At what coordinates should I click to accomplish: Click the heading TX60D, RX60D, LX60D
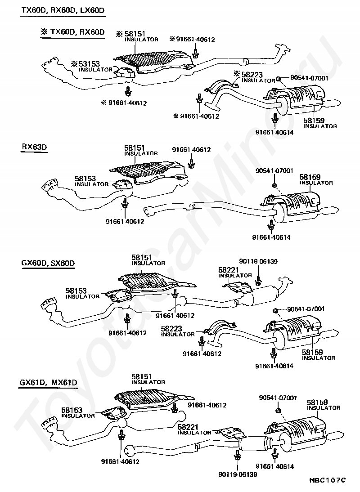pos(63,10)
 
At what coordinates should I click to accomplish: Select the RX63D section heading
pos(34,147)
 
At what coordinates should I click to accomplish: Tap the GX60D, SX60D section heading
pos(48,263)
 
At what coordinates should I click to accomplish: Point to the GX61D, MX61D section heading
pos(48,383)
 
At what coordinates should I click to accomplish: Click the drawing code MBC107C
pos(327,480)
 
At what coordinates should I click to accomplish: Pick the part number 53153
pos(89,64)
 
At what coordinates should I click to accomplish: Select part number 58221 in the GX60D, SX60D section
pos(229,270)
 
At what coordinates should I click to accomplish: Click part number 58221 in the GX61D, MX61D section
pos(188,427)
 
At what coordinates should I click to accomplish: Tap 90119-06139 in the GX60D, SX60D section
pos(258,261)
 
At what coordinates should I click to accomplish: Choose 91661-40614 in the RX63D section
pos(271,237)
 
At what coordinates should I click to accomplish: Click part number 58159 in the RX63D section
pos(310,177)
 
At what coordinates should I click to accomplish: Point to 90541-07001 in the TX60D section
pos(309,78)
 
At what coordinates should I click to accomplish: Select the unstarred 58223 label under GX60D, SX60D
pos(171,328)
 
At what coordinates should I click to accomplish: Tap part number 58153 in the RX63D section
pos(85,179)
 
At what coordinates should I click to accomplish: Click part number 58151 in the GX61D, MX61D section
pos(142,376)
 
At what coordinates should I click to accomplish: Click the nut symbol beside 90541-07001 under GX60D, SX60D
pos(275,310)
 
